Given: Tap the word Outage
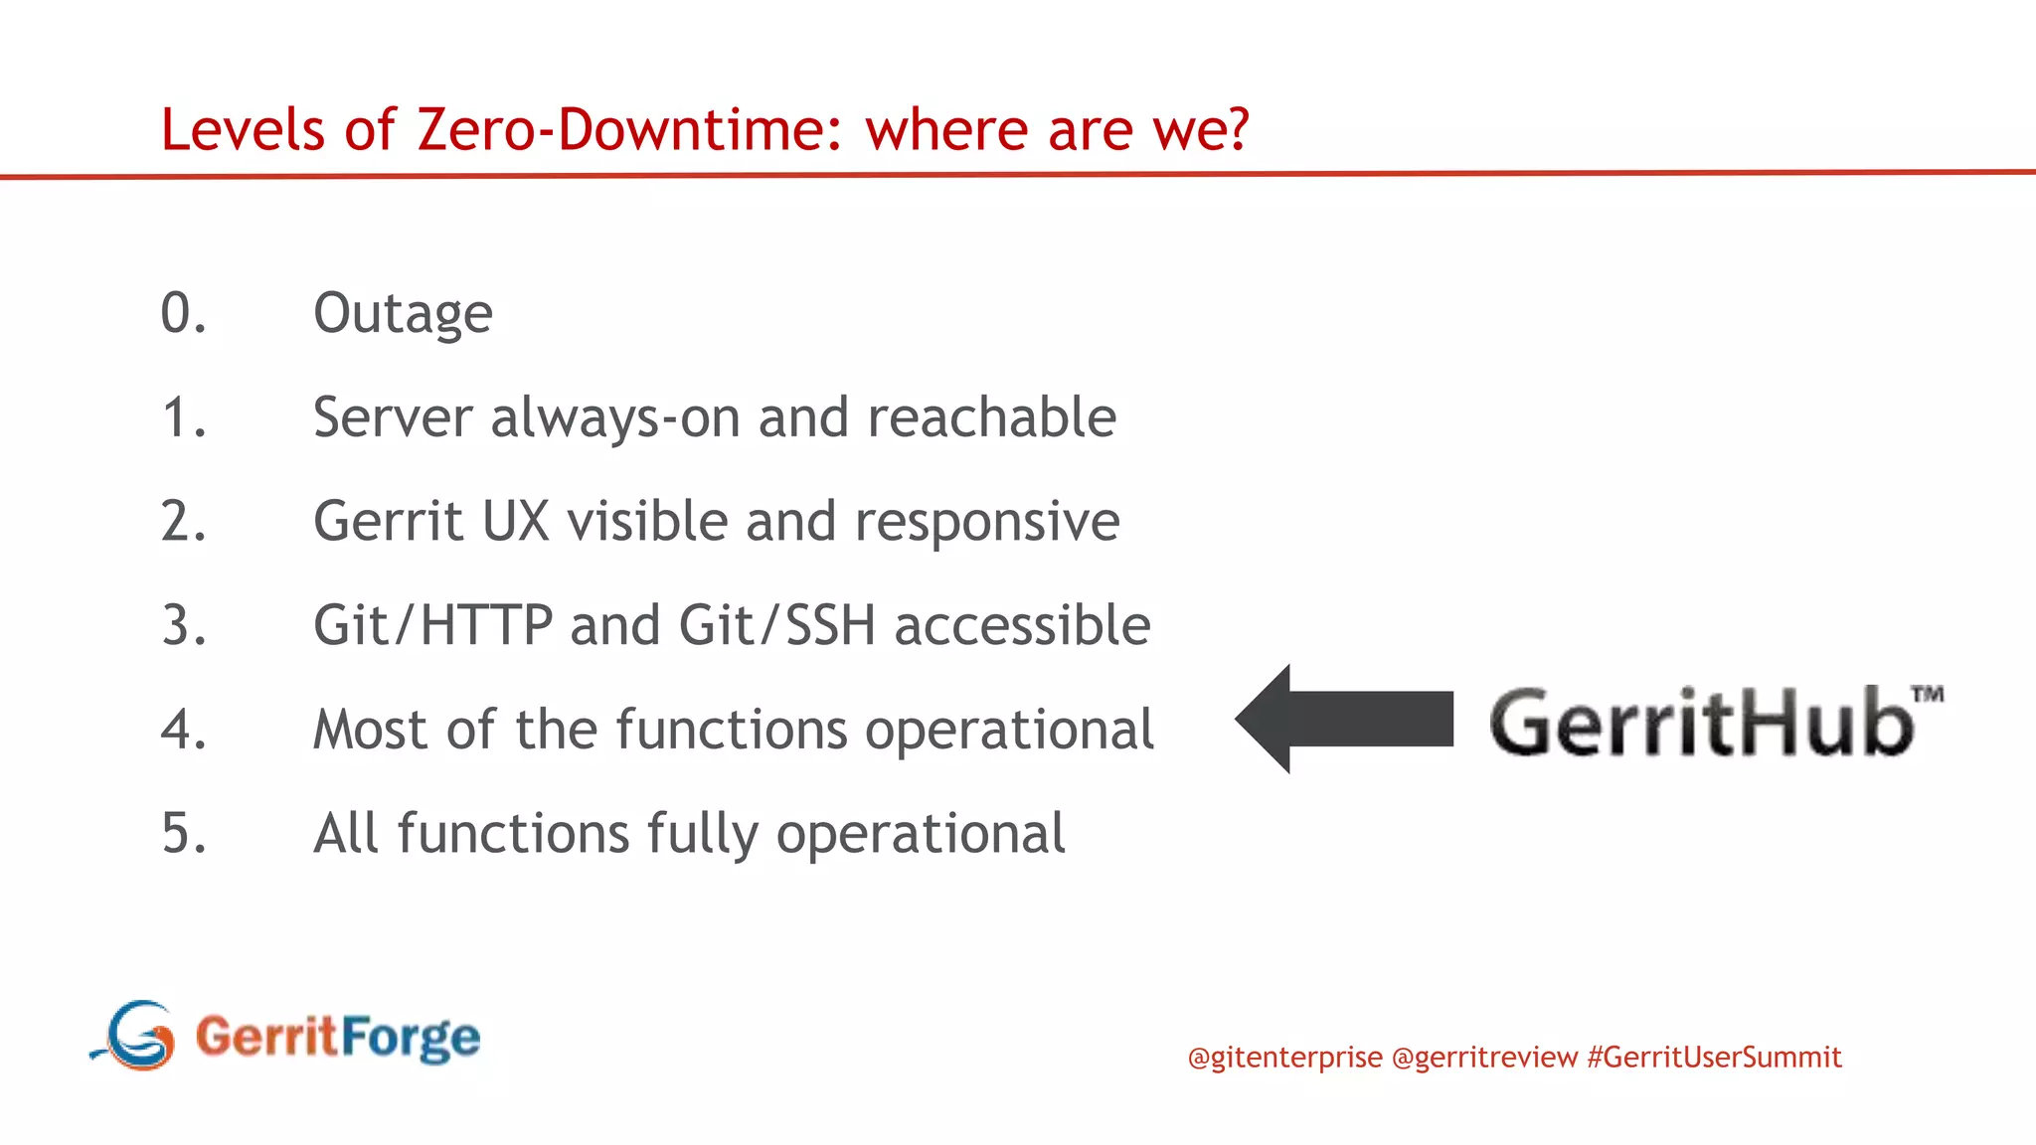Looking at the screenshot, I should click(x=403, y=314).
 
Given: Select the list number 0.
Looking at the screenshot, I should click(x=183, y=314).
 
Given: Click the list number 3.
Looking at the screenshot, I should click(x=183, y=626).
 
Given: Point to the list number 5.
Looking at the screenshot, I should click(x=183, y=834).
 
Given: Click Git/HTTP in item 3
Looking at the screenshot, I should click(x=432, y=626).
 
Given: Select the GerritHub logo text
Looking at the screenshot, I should click(x=1700, y=723).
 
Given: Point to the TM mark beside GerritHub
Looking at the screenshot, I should click(x=1928, y=694).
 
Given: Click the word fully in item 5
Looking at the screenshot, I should click(x=702, y=834).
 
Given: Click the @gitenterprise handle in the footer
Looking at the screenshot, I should click(x=1284, y=1057).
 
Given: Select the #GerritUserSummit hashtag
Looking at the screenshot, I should click(x=1714, y=1057).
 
